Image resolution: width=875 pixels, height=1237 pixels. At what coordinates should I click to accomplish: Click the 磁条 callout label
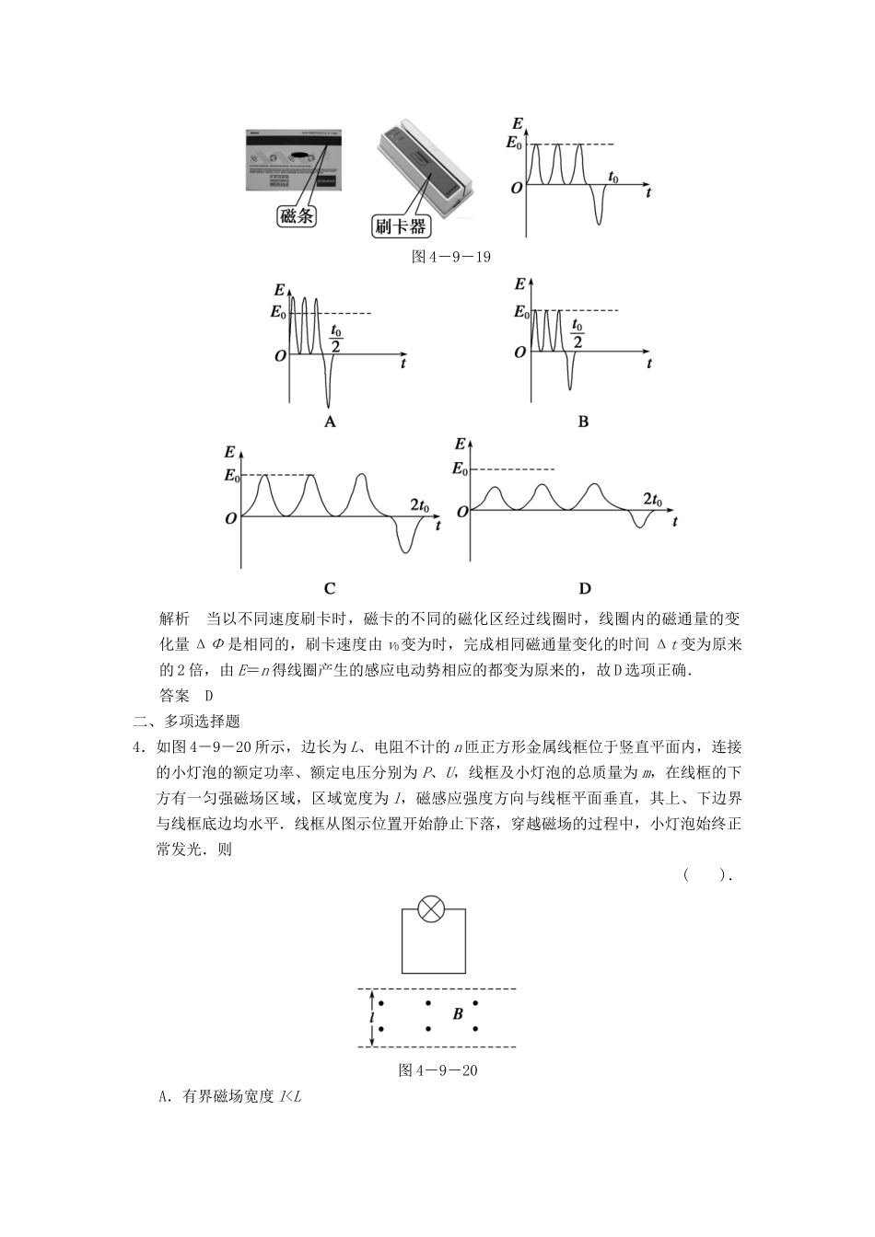tap(297, 216)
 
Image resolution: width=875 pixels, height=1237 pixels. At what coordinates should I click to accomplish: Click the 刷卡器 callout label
tap(401, 225)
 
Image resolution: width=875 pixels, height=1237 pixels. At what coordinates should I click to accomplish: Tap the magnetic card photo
tap(292, 158)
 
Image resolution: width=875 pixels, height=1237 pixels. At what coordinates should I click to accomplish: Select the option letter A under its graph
tap(330, 422)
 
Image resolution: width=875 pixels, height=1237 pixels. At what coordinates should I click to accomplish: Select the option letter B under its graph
tap(583, 422)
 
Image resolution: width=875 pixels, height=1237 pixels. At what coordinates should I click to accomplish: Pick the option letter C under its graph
tap(330, 588)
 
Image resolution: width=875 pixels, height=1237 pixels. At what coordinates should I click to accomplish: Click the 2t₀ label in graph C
tap(420, 505)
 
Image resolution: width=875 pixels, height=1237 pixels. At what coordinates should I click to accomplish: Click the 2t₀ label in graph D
tap(652, 500)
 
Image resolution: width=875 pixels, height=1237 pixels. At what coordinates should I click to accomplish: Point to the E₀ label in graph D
tap(461, 468)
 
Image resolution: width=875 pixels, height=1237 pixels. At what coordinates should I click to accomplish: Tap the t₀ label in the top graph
tap(613, 177)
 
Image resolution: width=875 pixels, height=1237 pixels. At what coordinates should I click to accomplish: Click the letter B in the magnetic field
tap(458, 1014)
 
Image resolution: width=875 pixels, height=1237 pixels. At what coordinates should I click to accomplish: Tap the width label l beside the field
tap(371, 1018)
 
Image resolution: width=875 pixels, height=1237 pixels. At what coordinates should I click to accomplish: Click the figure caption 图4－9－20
tap(437, 1069)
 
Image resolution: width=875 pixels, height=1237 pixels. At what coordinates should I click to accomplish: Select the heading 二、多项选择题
tap(187, 722)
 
